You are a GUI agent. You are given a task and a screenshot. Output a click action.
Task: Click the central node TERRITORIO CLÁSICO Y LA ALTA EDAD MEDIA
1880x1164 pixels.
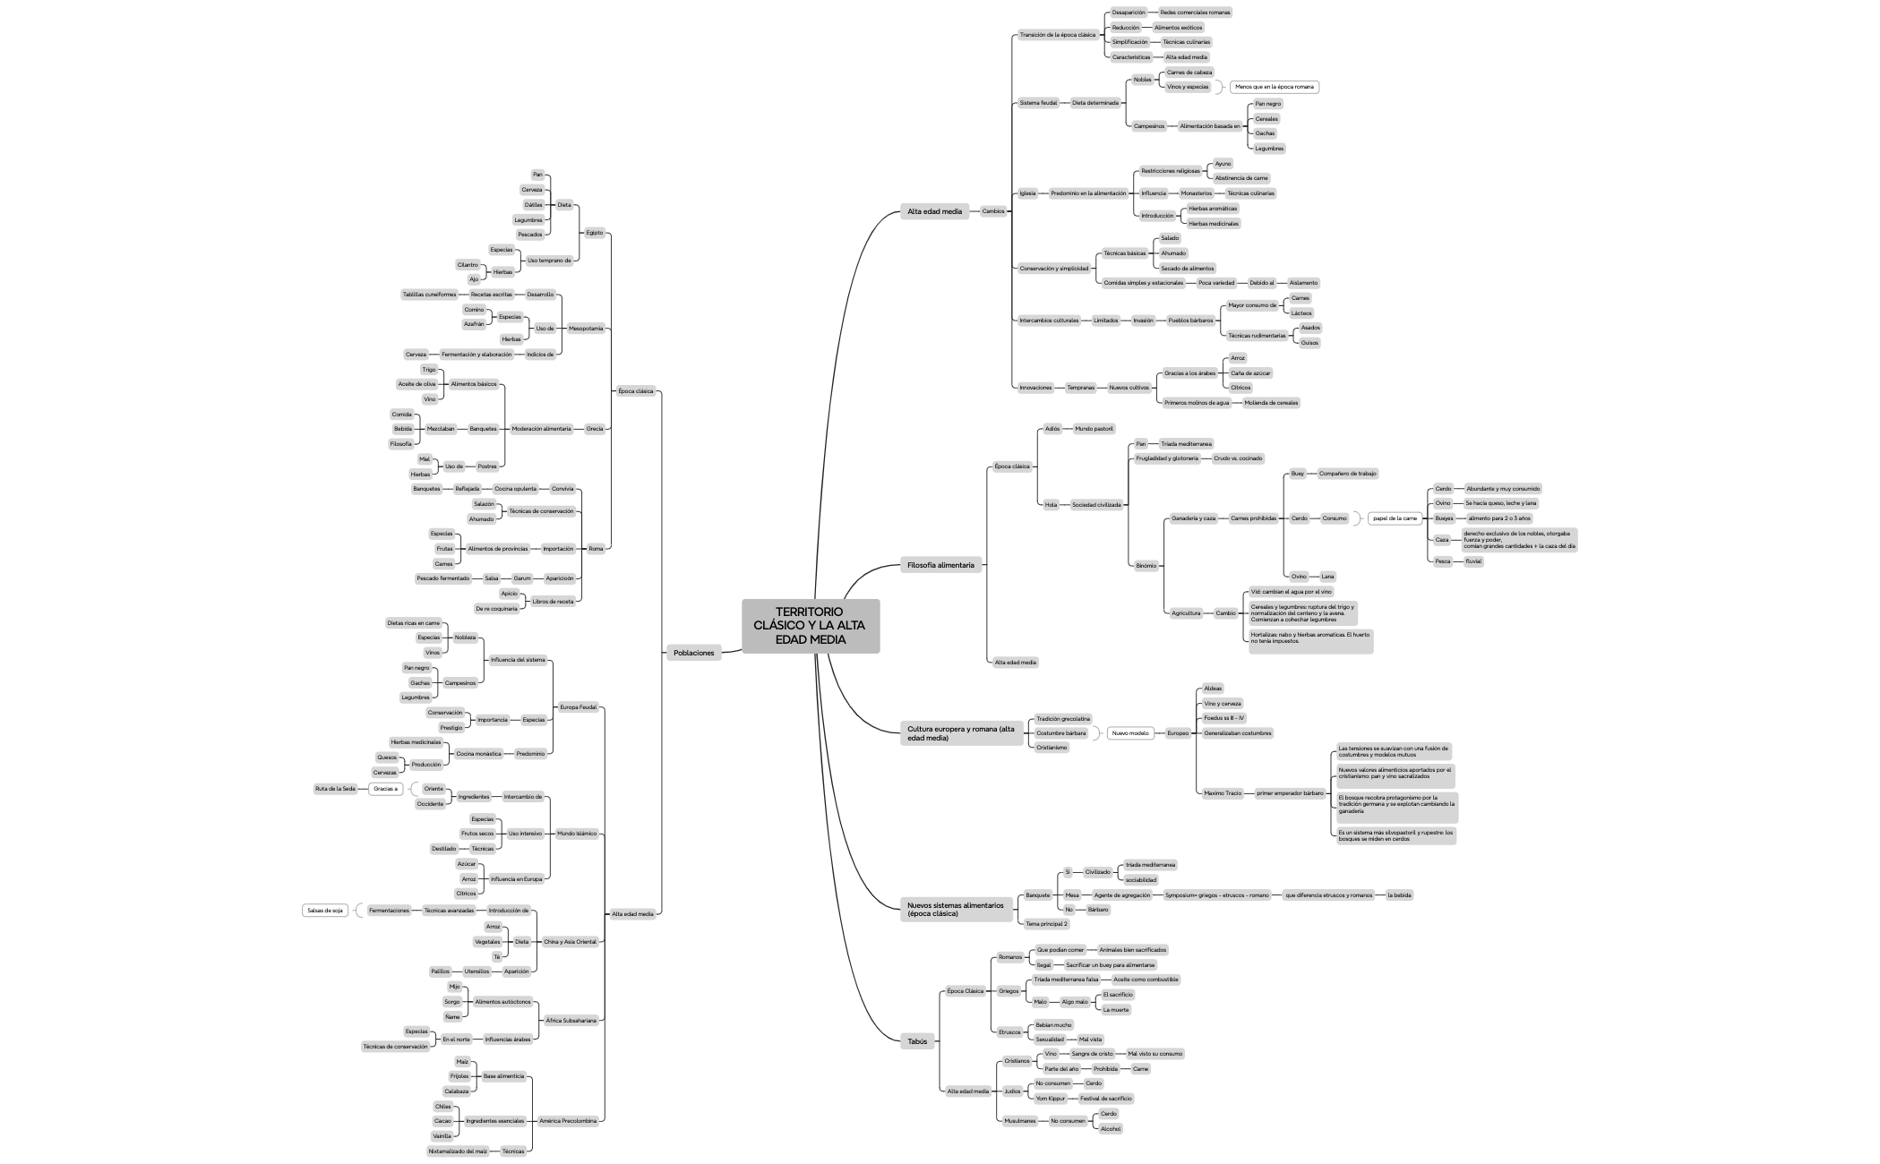810,626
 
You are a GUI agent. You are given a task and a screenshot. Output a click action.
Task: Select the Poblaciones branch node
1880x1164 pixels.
693,653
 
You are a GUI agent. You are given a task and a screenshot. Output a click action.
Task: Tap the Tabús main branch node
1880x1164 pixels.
917,1041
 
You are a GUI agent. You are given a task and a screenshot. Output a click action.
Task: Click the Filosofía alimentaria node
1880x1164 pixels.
940,565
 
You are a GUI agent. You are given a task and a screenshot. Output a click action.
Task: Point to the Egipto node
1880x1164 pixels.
594,233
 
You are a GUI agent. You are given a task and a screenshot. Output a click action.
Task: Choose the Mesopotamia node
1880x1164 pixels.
586,329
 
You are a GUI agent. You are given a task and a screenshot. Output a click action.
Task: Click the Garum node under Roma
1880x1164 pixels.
521,578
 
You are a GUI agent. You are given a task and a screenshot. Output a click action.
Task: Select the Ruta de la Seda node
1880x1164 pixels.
335,789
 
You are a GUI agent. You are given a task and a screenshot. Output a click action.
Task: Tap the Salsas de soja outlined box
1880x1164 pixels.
325,911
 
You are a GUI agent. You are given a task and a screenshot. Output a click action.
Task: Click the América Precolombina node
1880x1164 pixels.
568,1121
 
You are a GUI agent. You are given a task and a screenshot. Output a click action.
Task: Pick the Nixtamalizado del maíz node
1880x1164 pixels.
458,1151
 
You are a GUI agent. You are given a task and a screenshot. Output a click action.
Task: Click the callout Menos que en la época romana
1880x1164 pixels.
1274,87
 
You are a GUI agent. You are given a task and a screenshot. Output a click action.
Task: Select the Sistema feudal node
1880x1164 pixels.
1038,103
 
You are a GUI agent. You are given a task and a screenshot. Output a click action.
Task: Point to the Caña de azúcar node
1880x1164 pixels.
1249,373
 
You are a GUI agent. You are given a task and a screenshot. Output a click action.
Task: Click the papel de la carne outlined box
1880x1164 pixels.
1395,518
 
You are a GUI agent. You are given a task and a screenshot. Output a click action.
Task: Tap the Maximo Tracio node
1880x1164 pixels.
1223,793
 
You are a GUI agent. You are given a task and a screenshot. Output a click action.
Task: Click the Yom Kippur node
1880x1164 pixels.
1050,1099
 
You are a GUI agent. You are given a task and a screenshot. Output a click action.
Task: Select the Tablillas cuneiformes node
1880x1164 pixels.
429,295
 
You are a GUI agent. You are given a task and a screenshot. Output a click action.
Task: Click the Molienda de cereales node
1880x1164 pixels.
1271,403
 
